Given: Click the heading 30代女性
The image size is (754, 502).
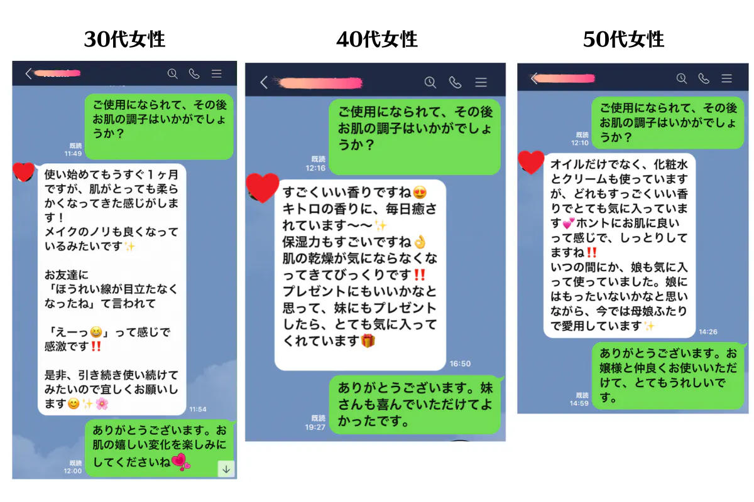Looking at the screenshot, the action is click(124, 40).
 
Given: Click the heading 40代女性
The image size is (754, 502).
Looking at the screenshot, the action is click(377, 40).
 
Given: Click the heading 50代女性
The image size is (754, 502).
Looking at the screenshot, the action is click(624, 40).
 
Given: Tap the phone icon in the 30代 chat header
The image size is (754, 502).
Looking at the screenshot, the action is click(194, 73).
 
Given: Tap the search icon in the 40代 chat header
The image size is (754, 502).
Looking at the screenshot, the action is click(430, 82).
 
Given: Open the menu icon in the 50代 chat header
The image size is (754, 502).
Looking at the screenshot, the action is click(726, 78).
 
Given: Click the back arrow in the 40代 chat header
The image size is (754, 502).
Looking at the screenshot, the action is click(264, 82).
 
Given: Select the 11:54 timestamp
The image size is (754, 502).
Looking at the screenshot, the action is click(197, 409).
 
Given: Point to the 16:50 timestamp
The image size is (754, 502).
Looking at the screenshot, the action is click(460, 363).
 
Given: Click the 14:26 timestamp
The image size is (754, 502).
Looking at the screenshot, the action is click(708, 332).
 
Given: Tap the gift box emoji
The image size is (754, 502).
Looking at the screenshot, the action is click(368, 341).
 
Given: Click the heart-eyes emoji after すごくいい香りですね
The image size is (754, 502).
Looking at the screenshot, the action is click(420, 193).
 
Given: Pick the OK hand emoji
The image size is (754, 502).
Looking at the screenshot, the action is click(420, 242).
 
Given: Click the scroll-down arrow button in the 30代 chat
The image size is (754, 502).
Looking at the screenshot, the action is click(226, 469).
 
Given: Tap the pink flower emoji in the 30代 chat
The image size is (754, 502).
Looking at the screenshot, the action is click(102, 403).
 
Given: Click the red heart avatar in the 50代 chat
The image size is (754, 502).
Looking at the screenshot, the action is click(531, 162).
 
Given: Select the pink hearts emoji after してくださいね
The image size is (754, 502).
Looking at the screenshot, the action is click(181, 462).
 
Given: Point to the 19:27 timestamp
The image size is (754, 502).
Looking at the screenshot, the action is click(315, 427).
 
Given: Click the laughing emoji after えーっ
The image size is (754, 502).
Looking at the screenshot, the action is click(96, 332).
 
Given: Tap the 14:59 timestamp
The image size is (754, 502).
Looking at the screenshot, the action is click(579, 403).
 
